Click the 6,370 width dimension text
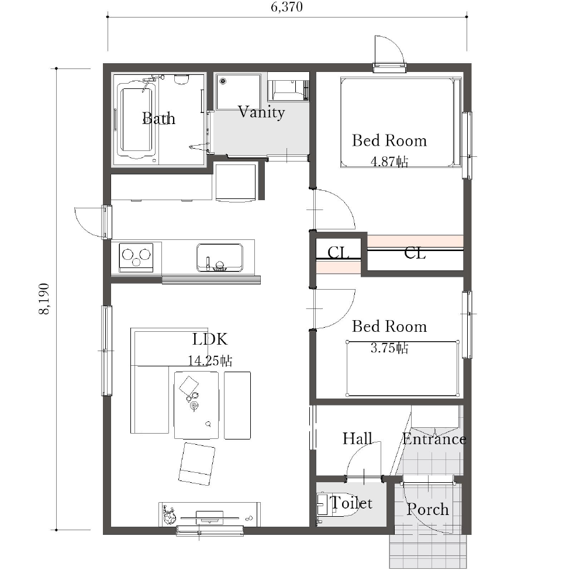287,7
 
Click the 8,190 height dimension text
44,298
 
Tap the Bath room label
158,118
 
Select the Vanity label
261,112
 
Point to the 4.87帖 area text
389,162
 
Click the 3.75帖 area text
389,348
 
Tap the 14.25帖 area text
210,360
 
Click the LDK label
210,339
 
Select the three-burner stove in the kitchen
136,257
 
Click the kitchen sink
220,257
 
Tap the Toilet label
351,503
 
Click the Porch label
427,509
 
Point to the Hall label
357,438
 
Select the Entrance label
434,439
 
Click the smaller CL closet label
339,252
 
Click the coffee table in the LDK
196,405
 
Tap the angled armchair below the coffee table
196,464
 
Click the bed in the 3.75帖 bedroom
402,369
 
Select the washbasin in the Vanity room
239,92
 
